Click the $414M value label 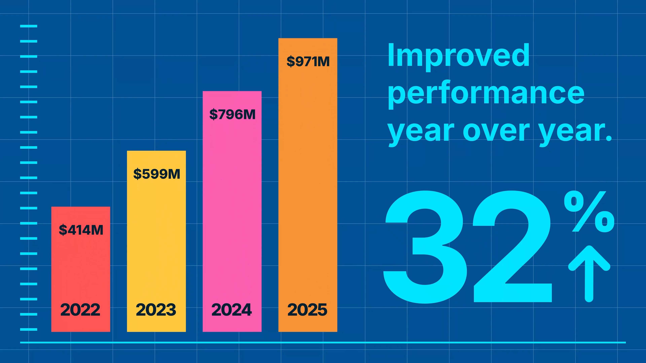[x=81, y=230]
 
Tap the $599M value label [x=156, y=174]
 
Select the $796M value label [x=232, y=114]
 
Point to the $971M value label [x=308, y=61]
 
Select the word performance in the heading [x=486, y=94]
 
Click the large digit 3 [x=425, y=247]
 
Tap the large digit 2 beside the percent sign [x=513, y=247]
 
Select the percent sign [x=589, y=212]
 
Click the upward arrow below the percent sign [x=589, y=273]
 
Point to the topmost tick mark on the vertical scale [x=29, y=26]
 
